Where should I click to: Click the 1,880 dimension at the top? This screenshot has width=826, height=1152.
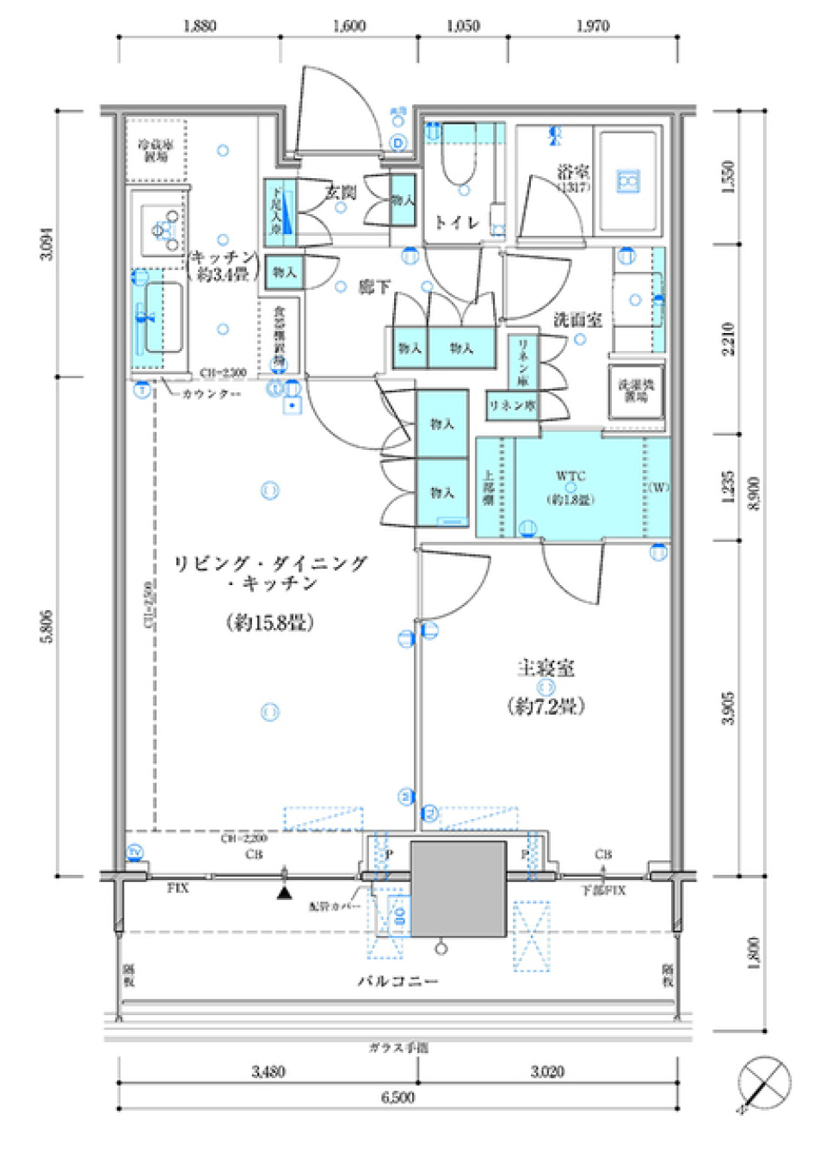[200, 26]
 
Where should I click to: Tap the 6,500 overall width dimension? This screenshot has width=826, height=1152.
[398, 1098]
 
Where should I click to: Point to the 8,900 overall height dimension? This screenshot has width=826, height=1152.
[755, 494]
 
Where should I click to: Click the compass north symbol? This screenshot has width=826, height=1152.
[764, 1082]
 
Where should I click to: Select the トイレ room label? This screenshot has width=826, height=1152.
[456, 223]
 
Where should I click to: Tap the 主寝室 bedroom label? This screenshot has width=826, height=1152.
[546, 668]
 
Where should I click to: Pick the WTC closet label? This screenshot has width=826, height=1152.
[570, 476]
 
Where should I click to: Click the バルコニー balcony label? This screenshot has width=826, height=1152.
[398, 981]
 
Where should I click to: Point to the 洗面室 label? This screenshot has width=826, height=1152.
[577, 320]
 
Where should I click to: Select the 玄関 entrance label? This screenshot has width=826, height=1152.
[341, 192]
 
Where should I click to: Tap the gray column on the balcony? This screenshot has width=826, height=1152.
[458, 889]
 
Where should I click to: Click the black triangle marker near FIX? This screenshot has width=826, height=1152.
[285, 893]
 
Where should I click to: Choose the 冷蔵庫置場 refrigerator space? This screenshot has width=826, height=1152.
[156, 151]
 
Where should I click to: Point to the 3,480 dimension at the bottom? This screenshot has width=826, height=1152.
[268, 1071]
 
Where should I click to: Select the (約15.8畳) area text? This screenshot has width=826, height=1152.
[269, 622]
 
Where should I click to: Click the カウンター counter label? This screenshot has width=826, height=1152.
[212, 394]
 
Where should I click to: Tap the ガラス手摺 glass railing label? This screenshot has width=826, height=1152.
[398, 1047]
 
